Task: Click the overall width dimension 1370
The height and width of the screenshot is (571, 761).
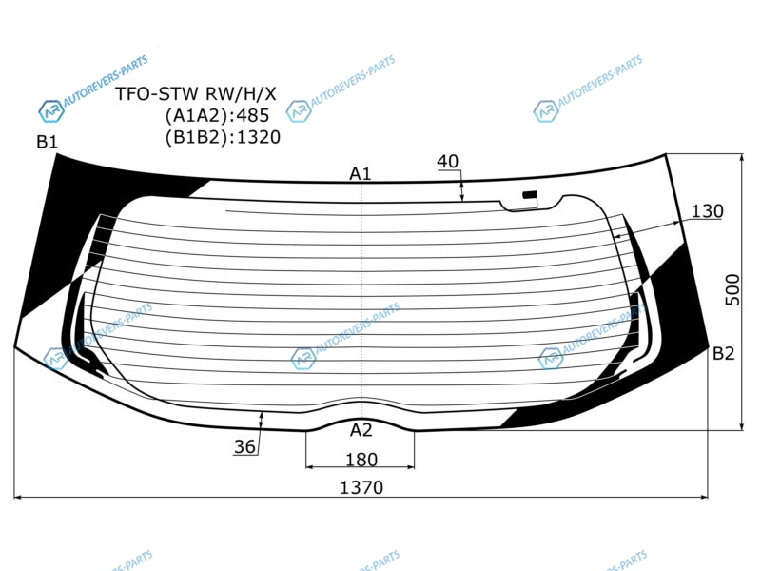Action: [361, 487]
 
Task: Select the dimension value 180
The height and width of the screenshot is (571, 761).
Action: [361, 460]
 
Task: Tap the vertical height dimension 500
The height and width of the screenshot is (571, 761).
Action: [732, 290]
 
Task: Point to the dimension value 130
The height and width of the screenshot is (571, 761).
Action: [707, 211]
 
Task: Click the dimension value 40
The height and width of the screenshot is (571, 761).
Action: [447, 161]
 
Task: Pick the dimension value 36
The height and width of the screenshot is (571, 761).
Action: [244, 446]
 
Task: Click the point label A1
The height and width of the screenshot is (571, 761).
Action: [361, 173]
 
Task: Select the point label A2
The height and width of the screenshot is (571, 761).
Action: [361, 430]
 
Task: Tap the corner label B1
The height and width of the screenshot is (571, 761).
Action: [47, 142]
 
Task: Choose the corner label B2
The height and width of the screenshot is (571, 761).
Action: [723, 353]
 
